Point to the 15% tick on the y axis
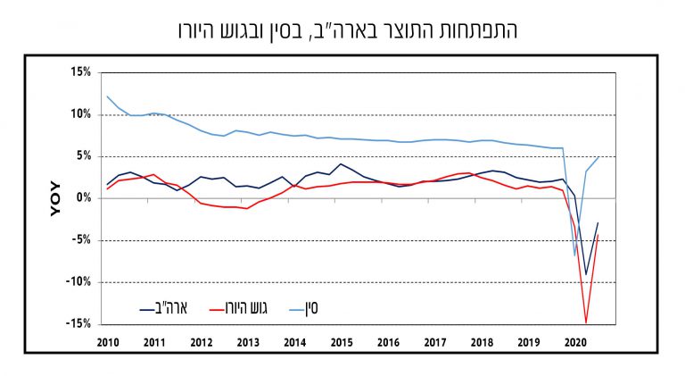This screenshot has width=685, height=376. (x=79, y=72)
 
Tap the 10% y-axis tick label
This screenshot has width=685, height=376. (x=79, y=114)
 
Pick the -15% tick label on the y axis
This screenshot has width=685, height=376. (x=78, y=323)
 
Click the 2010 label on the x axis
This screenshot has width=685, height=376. (x=108, y=342)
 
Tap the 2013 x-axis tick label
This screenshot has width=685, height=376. (x=248, y=342)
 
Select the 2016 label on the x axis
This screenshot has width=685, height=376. (x=388, y=342)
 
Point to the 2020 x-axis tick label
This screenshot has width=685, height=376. (x=575, y=342)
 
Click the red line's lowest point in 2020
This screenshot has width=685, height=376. (x=586, y=322)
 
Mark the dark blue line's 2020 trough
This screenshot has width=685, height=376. (x=586, y=275)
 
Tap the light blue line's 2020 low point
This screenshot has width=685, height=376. (x=574, y=256)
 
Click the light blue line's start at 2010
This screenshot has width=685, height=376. (x=107, y=96)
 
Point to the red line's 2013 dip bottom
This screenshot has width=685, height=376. (x=247, y=209)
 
